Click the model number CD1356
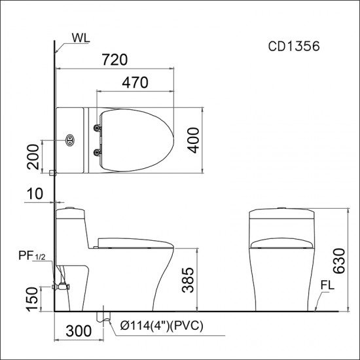[294, 46]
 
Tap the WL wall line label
[81, 38]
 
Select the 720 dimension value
[115, 60]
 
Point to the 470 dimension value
[135, 82]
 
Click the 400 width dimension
[193, 140]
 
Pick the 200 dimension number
[33, 157]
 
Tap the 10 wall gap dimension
[35, 194]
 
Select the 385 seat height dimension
[188, 280]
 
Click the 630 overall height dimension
[339, 261]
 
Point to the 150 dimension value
[32, 299]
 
